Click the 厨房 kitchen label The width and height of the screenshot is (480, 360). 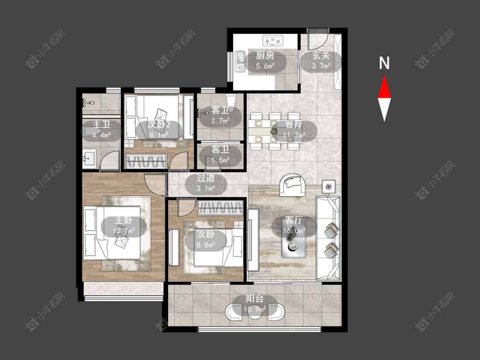[265, 55]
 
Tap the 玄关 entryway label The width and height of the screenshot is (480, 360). [321, 55]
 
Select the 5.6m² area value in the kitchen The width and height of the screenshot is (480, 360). [265, 66]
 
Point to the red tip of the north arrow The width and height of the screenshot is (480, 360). [384, 75]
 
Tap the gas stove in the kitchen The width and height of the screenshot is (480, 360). [273, 40]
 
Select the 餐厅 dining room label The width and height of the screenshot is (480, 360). [294, 124]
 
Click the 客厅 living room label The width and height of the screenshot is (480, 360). [294, 220]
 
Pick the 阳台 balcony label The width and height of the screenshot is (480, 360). [255, 299]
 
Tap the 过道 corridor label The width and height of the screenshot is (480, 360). [206, 178]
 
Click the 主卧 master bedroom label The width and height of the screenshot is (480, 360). [124, 220]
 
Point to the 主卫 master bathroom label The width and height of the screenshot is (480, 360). [101, 124]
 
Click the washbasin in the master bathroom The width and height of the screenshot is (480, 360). [89, 158]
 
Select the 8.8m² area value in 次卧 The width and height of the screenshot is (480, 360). [206, 244]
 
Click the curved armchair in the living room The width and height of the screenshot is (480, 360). [292, 185]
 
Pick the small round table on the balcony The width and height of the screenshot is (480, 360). [255, 312]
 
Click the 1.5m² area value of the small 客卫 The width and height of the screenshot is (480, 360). [221, 160]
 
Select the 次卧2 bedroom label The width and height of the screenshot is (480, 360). [159, 124]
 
